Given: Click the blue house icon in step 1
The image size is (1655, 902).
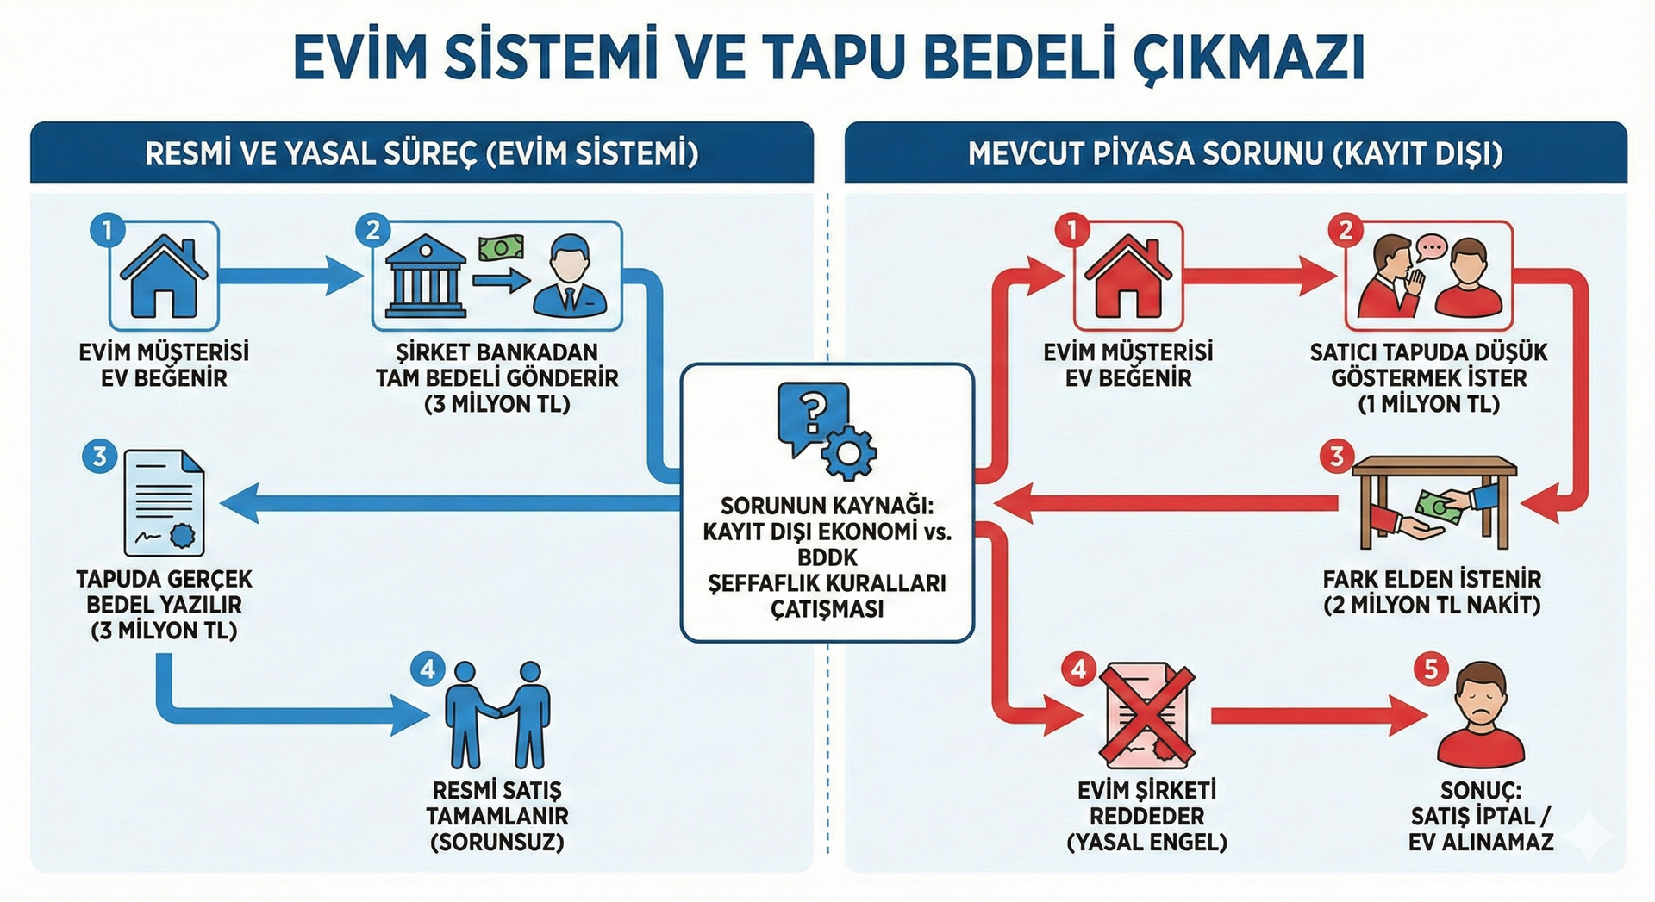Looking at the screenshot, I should (164, 276).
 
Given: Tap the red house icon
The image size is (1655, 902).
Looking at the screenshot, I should (1127, 276).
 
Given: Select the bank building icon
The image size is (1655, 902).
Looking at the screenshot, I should (425, 277).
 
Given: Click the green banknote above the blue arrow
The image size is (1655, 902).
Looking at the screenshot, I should (501, 248).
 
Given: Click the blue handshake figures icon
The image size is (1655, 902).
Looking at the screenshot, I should (497, 715).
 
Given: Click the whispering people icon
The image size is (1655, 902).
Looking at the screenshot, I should (1428, 277).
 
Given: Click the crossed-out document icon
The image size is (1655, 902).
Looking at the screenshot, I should (1147, 716).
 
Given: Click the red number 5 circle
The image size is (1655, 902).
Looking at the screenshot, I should (1431, 669).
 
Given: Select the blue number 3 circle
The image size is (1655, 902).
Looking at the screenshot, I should (100, 456).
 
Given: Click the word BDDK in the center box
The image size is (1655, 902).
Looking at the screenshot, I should (827, 557).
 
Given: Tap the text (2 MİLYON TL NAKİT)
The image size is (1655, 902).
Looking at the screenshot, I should (1431, 605).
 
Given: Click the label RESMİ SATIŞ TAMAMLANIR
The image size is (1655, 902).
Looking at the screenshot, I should (497, 803).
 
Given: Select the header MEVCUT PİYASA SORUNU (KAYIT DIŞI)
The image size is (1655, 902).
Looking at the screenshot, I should (1235, 153).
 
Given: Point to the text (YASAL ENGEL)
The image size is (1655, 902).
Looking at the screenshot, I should (1146, 842).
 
